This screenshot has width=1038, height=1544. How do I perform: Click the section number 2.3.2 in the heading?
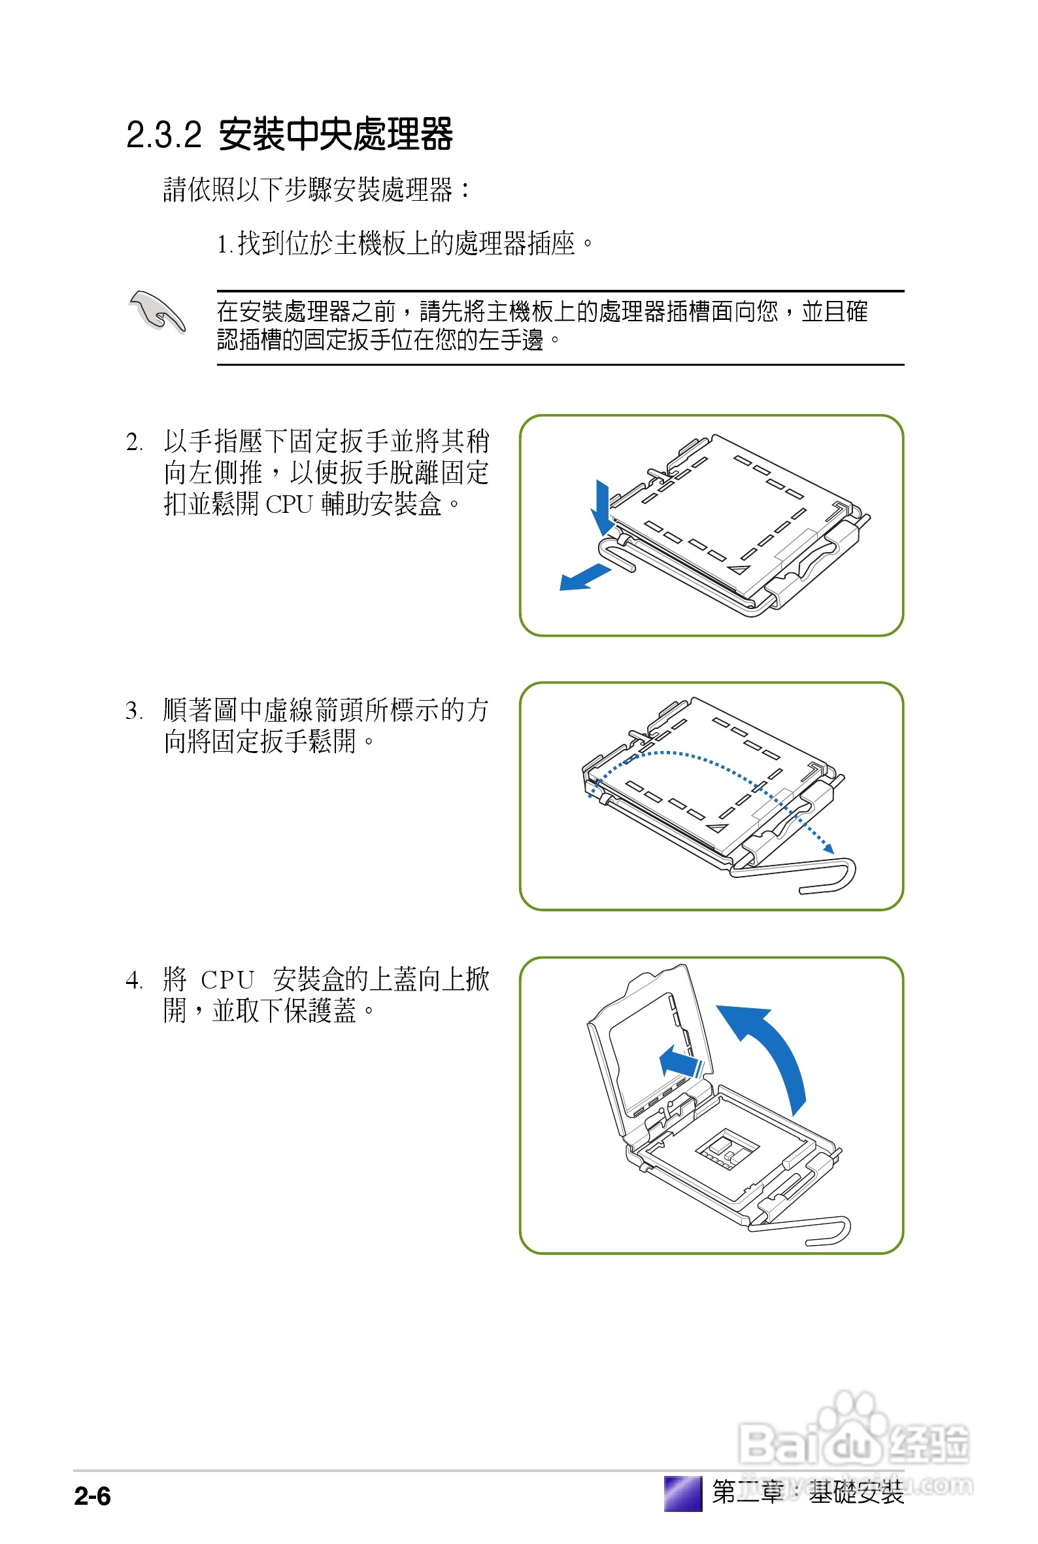[163, 135]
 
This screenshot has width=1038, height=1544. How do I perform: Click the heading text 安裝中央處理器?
[335, 135]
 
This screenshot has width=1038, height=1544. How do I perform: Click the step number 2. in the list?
[135, 442]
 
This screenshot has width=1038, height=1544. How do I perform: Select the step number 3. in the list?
[135, 711]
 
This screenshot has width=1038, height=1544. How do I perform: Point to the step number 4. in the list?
[135, 980]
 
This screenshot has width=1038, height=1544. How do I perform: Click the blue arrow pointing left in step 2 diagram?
[583, 578]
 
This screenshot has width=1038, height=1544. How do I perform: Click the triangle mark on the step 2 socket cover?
[739, 569]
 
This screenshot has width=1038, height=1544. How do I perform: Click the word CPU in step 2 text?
[289, 505]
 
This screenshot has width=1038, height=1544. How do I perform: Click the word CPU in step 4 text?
[227, 980]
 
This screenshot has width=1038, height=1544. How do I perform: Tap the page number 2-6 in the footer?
[92, 1496]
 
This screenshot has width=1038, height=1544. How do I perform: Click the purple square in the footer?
[682, 1494]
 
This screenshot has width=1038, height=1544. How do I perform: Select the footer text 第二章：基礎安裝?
[808, 1492]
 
